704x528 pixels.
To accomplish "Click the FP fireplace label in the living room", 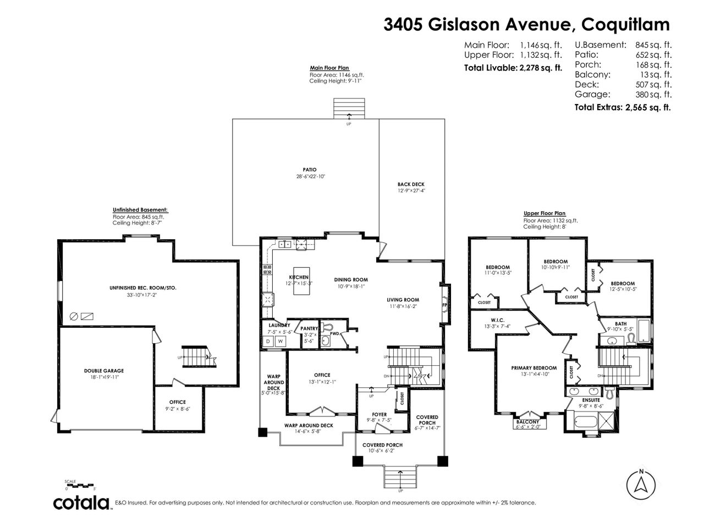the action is pyautogui.click(x=444, y=305).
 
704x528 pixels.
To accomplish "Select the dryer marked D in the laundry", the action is pyautogui.click(x=268, y=342).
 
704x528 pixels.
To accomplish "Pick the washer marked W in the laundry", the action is pyautogui.click(x=280, y=342).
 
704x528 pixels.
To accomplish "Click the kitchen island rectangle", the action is pyautogui.click(x=301, y=281).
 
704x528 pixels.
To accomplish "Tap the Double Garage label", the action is pyautogui.click(x=103, y=371).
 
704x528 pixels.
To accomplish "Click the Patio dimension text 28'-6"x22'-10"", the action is pyautogui.click(x=310, y=177).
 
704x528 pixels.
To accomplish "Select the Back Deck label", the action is pyautogui.click(x=411, y=184).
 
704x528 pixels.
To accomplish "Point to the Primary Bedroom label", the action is pyautogui.click(x=533, y=368).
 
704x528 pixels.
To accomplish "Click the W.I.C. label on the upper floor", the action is pyautogui.click(x=497, y=320).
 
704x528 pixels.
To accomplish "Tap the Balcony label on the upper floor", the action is pyautogui.click(x=527, y=422).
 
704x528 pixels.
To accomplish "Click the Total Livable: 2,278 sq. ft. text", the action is pyautogui.click(x=513, y=68).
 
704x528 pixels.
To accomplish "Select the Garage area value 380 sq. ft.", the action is pyautogui.click(x=653, y=95).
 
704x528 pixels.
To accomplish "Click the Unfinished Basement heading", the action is pyautogui.click(x=140, y=210).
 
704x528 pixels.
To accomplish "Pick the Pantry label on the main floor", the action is pyautogui.click(x=309, y=328).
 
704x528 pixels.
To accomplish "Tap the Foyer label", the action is pyautogui.click(x=379, y=415).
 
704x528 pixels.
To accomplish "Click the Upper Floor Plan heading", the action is pyautogui.click(x=544, y=213).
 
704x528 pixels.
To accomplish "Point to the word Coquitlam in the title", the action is pyautogui.click(x=625, y=25).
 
